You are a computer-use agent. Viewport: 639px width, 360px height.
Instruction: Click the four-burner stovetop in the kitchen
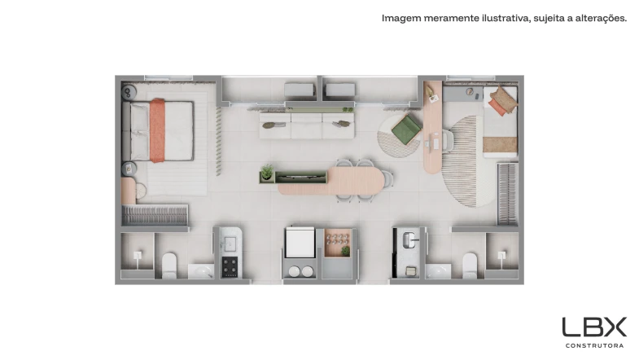(x=230, y=267)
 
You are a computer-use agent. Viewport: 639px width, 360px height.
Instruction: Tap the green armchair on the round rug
(x=406, y=129)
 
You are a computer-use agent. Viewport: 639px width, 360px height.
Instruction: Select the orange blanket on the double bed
(x=157, y=130)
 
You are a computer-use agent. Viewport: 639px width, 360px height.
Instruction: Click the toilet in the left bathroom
(x=169, y=266)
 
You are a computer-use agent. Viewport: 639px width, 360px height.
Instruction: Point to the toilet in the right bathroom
(x=470, y=266)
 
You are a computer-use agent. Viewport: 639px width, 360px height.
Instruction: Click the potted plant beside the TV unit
(x=267, y=172)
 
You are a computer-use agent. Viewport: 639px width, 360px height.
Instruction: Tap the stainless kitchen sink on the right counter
(x=409, y=239)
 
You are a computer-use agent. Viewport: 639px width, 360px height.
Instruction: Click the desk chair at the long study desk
(x=449, y=141)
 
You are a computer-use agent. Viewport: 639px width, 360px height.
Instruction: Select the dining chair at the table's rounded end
(x=387, y=178)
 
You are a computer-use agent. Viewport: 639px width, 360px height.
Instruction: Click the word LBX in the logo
(x=594, y=327)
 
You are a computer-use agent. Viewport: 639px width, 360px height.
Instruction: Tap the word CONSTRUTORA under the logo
(x=594, y=345)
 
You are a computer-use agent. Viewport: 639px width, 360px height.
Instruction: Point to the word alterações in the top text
(x=601, y=19)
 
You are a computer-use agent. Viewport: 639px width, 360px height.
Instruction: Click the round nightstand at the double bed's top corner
(x=129, y=92)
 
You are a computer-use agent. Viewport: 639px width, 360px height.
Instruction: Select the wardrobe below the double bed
(x=155, y=215)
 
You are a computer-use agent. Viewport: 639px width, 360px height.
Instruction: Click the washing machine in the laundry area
(x=300, y=242)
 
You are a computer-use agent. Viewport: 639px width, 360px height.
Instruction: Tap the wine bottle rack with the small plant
(x=337, y=243)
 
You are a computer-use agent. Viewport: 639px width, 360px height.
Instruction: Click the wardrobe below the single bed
(x=507, y=194)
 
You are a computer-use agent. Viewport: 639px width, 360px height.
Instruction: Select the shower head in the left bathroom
(x=138, y=256)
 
